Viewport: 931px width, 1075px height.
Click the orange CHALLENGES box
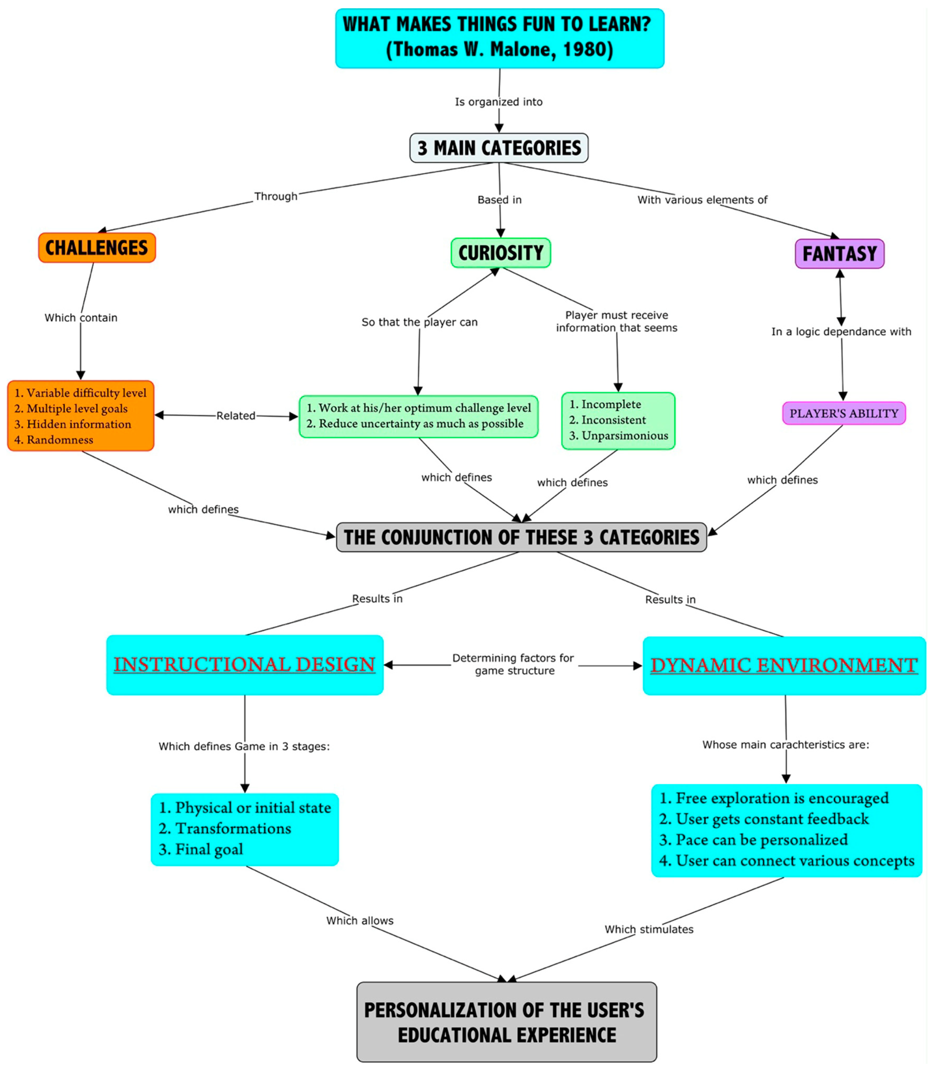(x=97, y=248)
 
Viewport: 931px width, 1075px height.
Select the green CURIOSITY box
(x=500, y=253)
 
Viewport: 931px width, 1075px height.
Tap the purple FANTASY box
(x=839, y=254)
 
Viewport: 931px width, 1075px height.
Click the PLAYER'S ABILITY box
(x=844, y=413)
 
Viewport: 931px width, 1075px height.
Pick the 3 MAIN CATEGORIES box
(x=499, y=148)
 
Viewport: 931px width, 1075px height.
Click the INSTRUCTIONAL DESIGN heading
(x=244, y=664)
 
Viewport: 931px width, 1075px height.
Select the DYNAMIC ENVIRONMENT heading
(x=783, y=665)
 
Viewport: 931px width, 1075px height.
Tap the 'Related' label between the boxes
(x=236, y=416)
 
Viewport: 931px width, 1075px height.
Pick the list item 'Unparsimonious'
(x=625, y=436)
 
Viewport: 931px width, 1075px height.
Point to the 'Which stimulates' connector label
(x=649, y=929)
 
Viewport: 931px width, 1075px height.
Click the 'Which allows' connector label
(x=359, y=920)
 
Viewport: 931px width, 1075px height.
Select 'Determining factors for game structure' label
(x=513, y=664)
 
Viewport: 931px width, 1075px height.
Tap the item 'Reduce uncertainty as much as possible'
(x=421, y=423)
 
